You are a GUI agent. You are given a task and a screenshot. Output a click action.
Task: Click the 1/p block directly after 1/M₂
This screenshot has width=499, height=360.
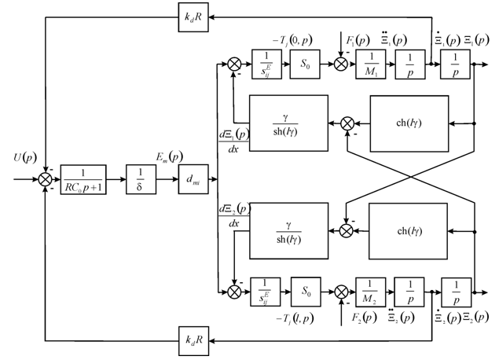pos(408,289)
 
